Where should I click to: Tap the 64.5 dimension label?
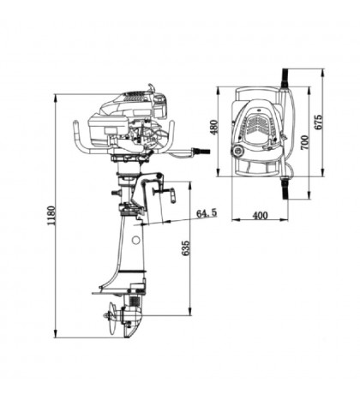click(207, 212)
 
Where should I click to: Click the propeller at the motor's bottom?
click(112, 322)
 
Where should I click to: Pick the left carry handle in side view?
click(79, 137)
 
